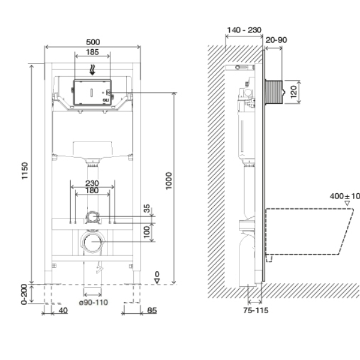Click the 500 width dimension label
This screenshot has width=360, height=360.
93,42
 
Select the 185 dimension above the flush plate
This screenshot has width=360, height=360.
92,52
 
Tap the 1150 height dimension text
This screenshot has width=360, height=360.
25,171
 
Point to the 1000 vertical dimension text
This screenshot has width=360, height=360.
169,181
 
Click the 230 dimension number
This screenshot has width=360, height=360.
92,183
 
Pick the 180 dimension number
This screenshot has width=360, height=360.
92,191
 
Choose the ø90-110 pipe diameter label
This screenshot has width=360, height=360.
94,302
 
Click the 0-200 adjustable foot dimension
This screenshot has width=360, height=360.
24,295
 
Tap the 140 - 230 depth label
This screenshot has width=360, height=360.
244,30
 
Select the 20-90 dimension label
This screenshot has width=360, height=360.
276,40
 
